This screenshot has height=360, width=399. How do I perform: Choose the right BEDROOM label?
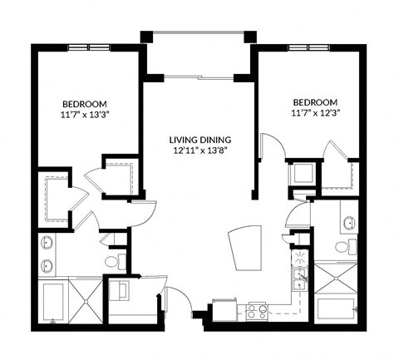[314, 100]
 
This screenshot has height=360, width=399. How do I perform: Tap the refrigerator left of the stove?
[224, 309]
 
